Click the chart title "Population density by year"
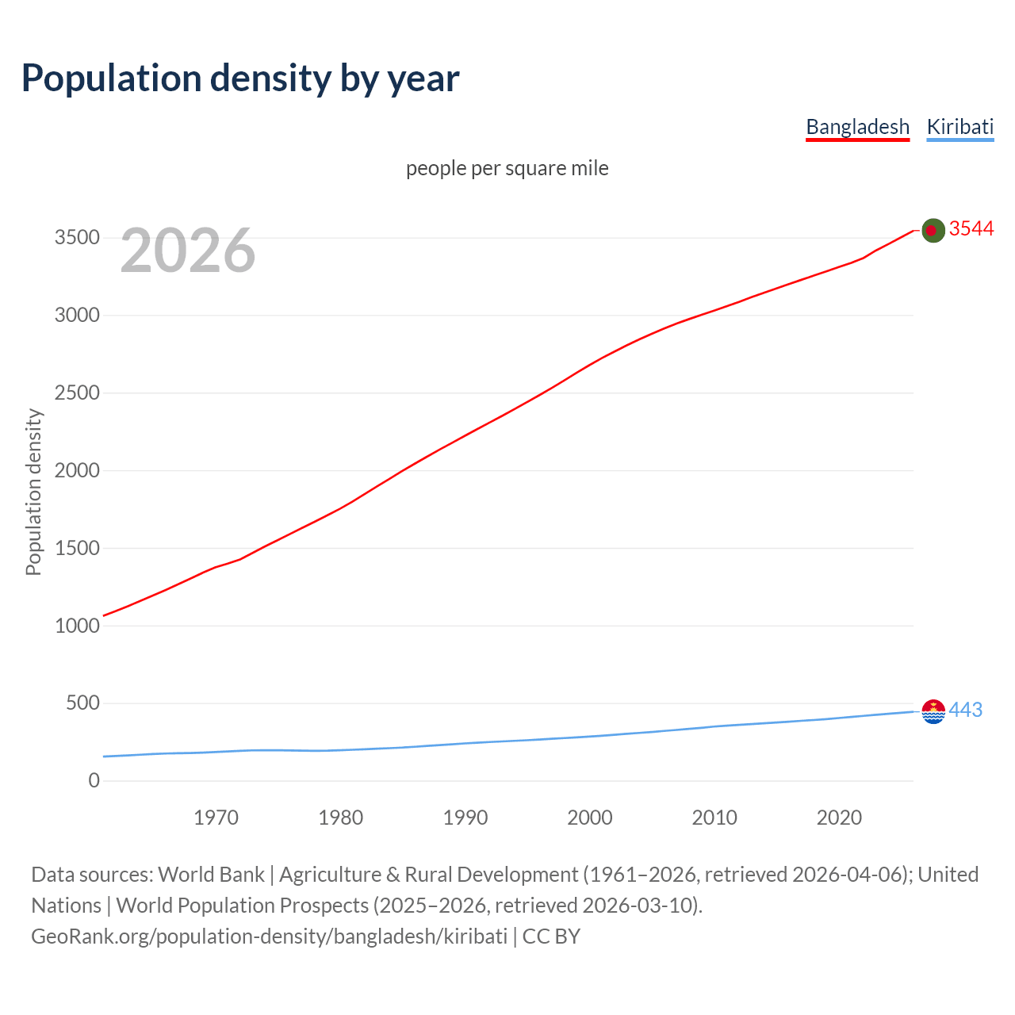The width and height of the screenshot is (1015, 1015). (240, 79)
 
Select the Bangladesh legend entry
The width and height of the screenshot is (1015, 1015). (857, 127)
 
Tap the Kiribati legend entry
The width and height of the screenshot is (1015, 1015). (959, 127)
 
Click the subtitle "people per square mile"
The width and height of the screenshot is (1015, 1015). (507, 169)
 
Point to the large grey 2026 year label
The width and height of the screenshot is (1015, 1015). (188, 251)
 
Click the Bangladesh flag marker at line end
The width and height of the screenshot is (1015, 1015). (933, 230)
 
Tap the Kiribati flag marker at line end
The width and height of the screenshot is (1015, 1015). (933, 711)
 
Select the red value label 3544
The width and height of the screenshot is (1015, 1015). (971, 229)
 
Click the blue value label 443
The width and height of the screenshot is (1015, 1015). (965, 710)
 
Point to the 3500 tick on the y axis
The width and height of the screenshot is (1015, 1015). (77, 238)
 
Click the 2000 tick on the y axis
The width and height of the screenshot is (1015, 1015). (77, 471)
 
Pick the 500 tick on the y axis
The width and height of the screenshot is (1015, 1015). (82, 703)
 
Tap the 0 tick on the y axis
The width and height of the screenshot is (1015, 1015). (94, 781)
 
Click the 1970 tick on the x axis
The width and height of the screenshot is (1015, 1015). (216, 818)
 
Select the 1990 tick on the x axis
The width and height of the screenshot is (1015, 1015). (465, 818)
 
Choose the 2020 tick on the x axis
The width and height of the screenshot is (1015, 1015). (839, 818)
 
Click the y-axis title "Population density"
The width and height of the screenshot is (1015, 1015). (33, 492)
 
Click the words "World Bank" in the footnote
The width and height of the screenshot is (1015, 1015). (211, 875)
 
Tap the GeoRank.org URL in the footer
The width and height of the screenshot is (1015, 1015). (269, 936)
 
